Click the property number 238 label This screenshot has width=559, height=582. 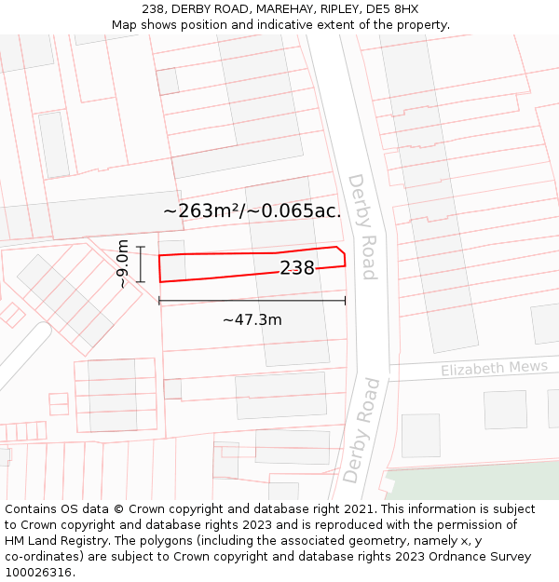(297, 268)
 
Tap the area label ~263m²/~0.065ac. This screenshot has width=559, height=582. (252, 210)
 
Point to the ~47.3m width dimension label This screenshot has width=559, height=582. (252, 319)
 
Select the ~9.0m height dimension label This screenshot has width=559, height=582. (121, 264)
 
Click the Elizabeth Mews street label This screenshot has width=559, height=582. (494, 368)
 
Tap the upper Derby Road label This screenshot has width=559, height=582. (361, 226)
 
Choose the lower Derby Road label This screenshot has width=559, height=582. (361, 429)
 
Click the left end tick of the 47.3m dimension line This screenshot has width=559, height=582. (159, 300)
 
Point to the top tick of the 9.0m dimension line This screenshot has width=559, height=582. (140, 247)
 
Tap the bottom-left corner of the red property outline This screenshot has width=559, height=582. (160, 281)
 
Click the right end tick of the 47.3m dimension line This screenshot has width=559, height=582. (345, 300)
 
